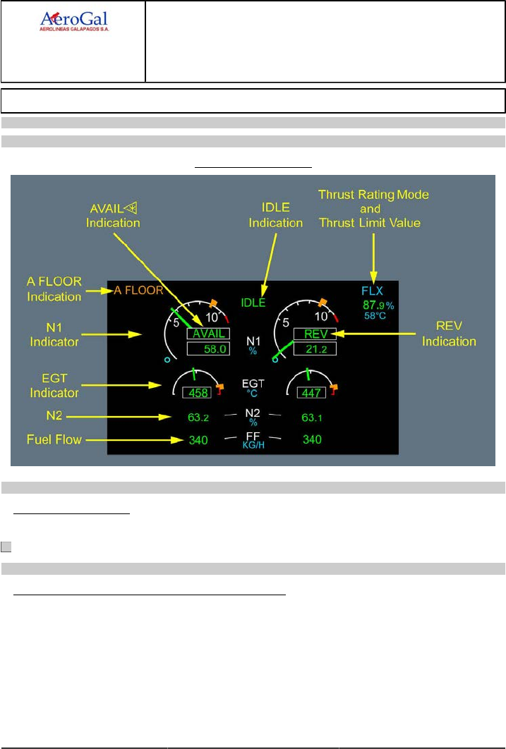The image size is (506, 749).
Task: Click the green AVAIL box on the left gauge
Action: pyautogui.click(x=209, y=334)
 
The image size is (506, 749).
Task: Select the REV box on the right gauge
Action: pyautogui.click(x=315, y=334)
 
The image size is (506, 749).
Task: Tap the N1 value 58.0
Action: pyautogui.click(x=209, y=348)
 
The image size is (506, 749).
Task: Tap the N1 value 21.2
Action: pyautogui.click(x=315, y=348)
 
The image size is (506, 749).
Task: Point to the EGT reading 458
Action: pyautogui.click(x=197, y=392)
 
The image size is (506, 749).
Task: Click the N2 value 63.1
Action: pyautogui.click(x=312, y=417)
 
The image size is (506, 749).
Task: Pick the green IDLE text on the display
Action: pyautogui.click(x=253, y=303)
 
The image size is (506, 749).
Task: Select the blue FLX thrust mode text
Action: pyautogui.click(x=371, y=291)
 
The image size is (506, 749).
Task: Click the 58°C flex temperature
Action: pyautogui.click(x=375, y=315)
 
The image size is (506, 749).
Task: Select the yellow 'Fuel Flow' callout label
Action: pyautogui.click(x=52, y=440)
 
